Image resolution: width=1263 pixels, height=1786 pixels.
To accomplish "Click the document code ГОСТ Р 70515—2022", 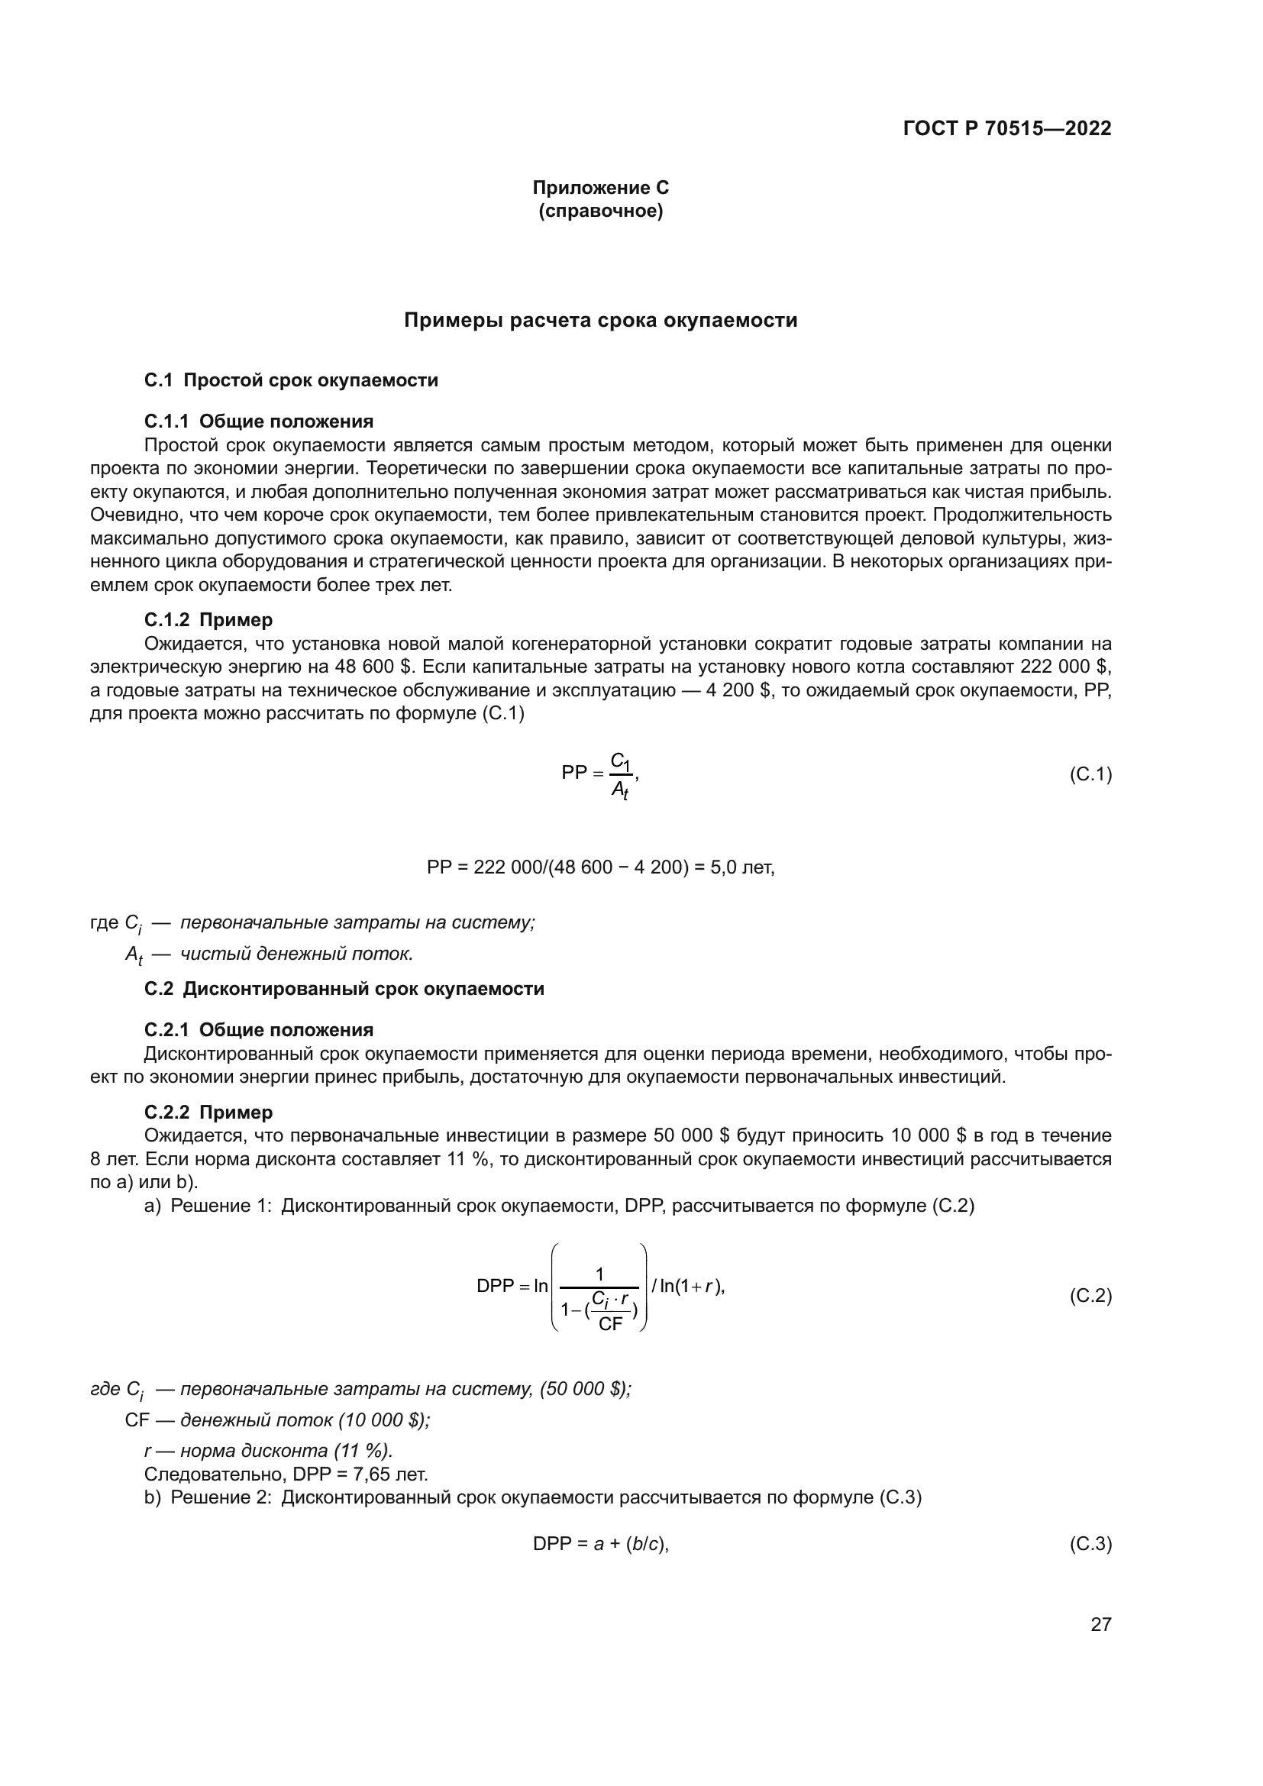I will click(x=1007, y=128).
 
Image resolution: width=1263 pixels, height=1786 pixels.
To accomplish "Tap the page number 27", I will click(x=1100, y=1624).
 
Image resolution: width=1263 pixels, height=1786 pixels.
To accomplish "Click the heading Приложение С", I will click(x=600, y=188).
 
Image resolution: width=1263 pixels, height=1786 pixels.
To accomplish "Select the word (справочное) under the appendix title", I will click(x=600, y=211).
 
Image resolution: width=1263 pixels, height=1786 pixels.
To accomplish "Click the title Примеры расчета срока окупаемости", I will click(x=600, y=321).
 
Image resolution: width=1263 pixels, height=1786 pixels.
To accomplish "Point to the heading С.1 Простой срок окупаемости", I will click(x=291, y=380).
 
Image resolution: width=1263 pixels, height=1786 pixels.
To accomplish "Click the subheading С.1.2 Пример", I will click(x=208, y=620).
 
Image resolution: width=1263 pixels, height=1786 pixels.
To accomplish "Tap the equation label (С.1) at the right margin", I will click(x=1090, y=774).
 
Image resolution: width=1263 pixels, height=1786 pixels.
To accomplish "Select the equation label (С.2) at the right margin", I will click(x=1090, y=1295).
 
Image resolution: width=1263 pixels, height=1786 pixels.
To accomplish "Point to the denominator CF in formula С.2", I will click(x=611, y=1324).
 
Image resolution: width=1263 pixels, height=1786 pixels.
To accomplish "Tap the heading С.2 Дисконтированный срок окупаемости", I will click(x=344, y=989).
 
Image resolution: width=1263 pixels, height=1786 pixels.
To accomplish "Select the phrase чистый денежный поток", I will click(x=296, y=954).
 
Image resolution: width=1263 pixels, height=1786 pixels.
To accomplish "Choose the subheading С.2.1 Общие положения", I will click(x=258, y=1030).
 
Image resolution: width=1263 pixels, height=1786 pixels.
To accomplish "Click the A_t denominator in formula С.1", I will click(x=619, y=790).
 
